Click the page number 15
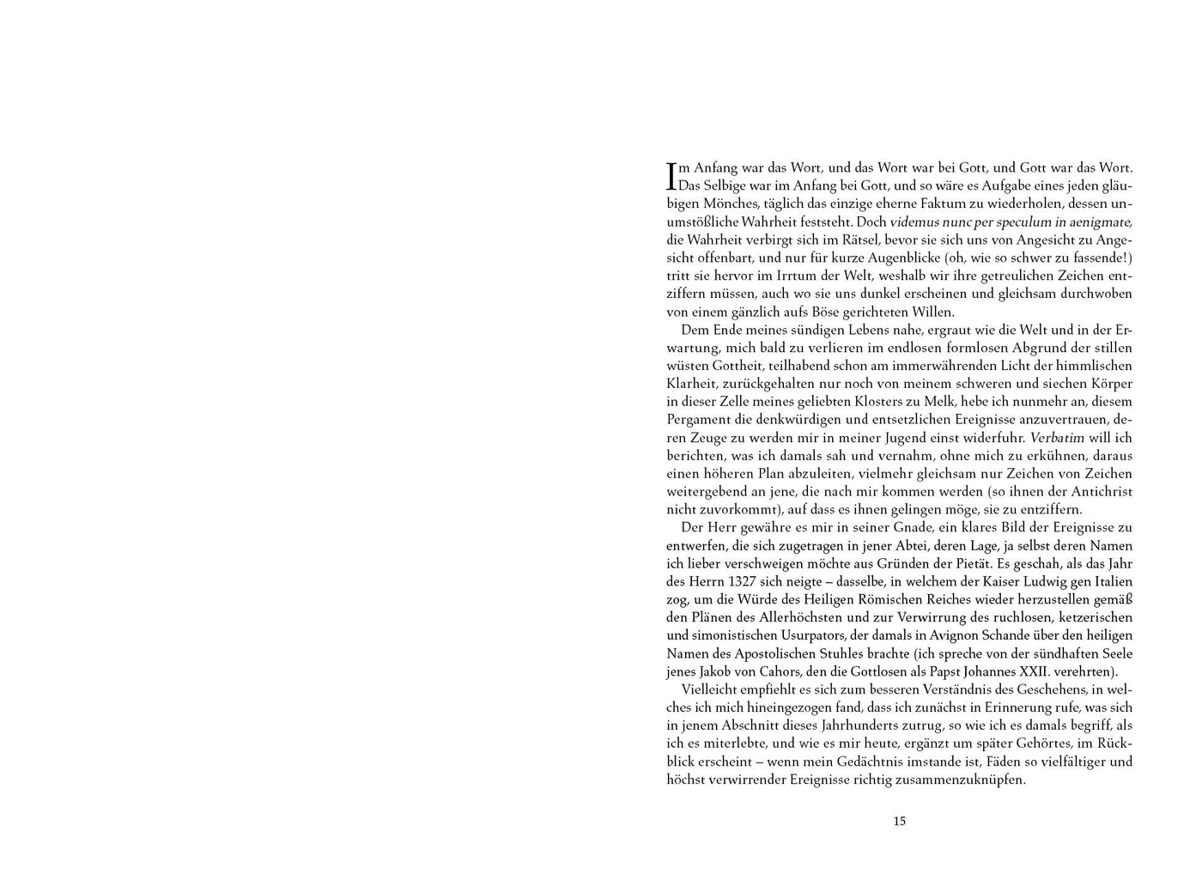899,821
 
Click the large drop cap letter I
672,176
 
